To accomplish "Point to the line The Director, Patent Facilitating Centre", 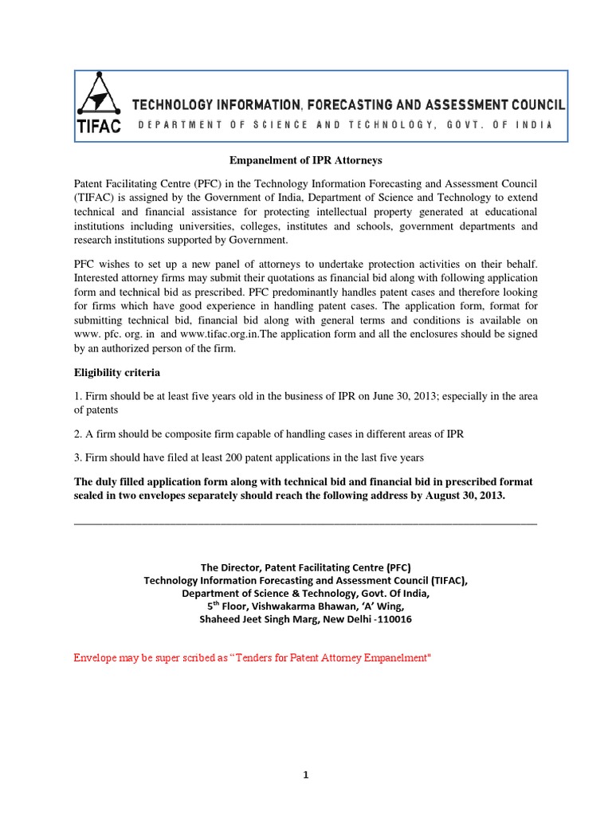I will [305, 567].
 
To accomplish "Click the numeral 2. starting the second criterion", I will [78, 433].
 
